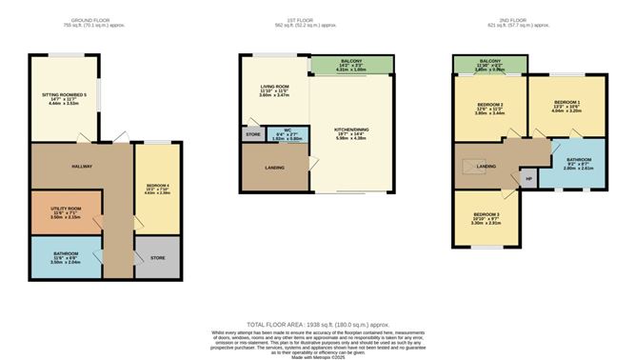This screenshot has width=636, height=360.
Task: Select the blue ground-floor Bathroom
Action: coord(66,257)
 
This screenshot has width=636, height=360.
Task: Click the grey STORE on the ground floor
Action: coord(156,257)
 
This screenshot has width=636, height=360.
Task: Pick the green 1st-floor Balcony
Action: coord(351,65)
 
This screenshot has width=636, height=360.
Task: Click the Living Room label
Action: coord(274,91)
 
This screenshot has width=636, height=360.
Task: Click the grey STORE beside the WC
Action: coord(252,135)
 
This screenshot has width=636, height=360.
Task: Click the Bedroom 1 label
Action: coord(566,105)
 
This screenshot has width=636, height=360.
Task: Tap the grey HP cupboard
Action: coord(527,178)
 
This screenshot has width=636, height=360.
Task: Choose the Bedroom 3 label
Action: coord(487,221)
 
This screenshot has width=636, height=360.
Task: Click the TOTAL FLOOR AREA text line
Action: coord(317,326)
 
